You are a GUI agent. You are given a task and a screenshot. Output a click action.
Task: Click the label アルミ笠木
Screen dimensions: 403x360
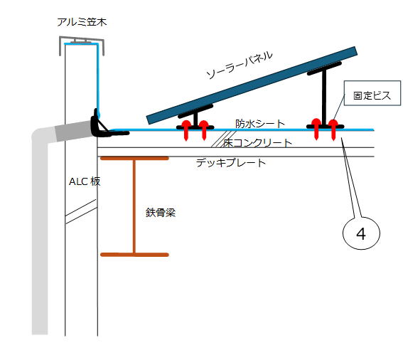tap(82, 22)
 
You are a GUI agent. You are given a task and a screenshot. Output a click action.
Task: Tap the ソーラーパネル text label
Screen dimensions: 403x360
tap(240, 65)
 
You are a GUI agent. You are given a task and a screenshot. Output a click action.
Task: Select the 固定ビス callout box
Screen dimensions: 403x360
tap(372, 93)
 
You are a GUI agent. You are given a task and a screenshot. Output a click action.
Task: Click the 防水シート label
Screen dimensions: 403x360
tap(260, 124)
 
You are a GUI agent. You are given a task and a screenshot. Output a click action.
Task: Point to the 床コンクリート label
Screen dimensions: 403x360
tap(257, 142)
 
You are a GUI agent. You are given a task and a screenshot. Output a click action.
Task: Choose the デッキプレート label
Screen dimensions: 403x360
tap(231, 163)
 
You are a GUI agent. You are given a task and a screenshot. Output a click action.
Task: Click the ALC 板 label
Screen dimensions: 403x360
tap(85, 181)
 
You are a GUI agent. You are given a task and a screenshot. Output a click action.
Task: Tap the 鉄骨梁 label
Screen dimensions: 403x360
tap(161, 213)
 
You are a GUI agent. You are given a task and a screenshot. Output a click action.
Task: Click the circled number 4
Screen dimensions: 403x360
tap(361, 233)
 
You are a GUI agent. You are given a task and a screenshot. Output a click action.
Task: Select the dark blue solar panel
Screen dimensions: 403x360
tap(252, 85)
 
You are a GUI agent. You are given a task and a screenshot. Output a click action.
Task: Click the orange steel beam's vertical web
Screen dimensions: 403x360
tap(134, 206)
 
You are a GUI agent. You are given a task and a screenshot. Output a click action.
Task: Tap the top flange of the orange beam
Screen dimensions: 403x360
tap(134, 158)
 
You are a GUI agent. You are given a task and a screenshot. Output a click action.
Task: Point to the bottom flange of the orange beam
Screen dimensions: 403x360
tap(134, 255)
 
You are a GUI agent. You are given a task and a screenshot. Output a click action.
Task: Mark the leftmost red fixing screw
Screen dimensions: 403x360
tap(186, 130)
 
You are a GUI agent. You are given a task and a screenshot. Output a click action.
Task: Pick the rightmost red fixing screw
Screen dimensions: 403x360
tap(333, 129)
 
